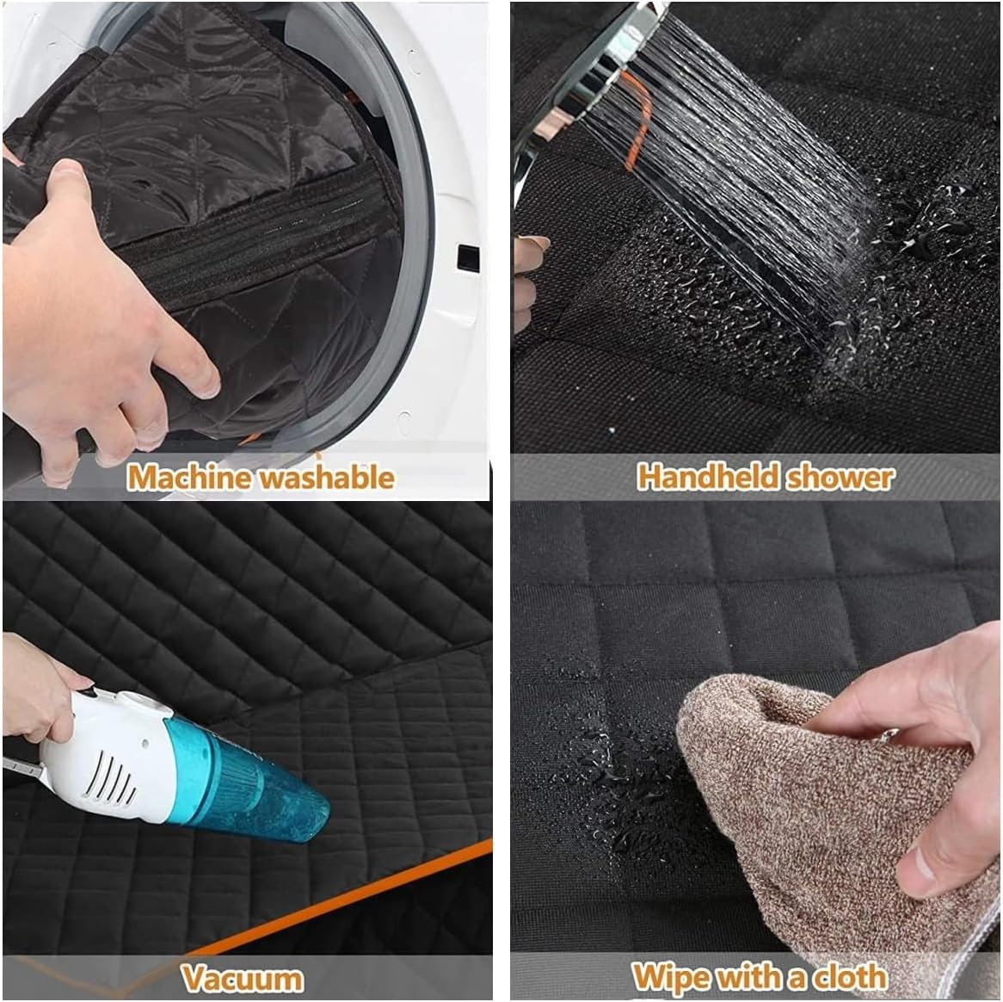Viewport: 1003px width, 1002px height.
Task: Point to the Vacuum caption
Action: (242, 978)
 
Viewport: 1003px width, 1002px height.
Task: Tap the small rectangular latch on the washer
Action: (467, 257)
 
